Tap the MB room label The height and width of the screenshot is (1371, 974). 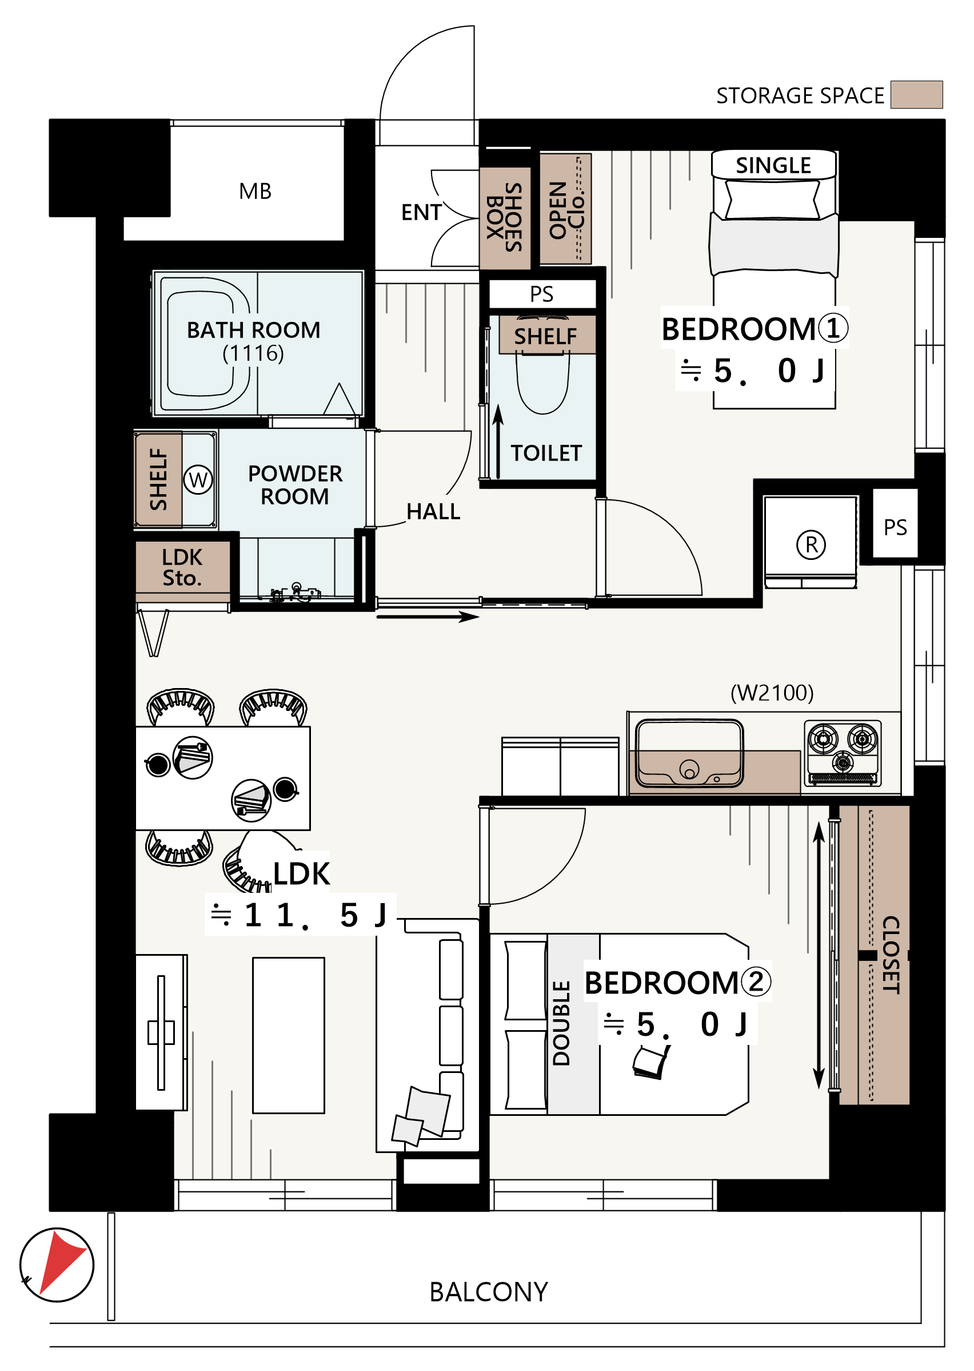(255, 192)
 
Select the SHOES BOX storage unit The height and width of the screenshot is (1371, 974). (505, 218)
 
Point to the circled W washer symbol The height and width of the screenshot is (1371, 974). (198, 479)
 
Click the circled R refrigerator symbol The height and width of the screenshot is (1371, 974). (811, 545)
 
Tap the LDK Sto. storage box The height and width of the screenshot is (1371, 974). (182, 567)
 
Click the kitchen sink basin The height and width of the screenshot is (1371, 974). (690, 754)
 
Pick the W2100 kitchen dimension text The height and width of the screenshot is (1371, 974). (772, 693)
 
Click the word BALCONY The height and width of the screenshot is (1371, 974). (489, 1292)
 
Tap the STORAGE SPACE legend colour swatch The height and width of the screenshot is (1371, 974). (916, 95)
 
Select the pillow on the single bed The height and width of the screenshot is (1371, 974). (772, 198)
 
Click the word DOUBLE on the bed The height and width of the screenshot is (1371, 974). (561, 1023)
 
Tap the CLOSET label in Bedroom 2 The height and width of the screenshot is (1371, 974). (891, 955)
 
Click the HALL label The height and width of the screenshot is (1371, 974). (433, 512)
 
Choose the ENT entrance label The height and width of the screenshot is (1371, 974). (422, 212)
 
